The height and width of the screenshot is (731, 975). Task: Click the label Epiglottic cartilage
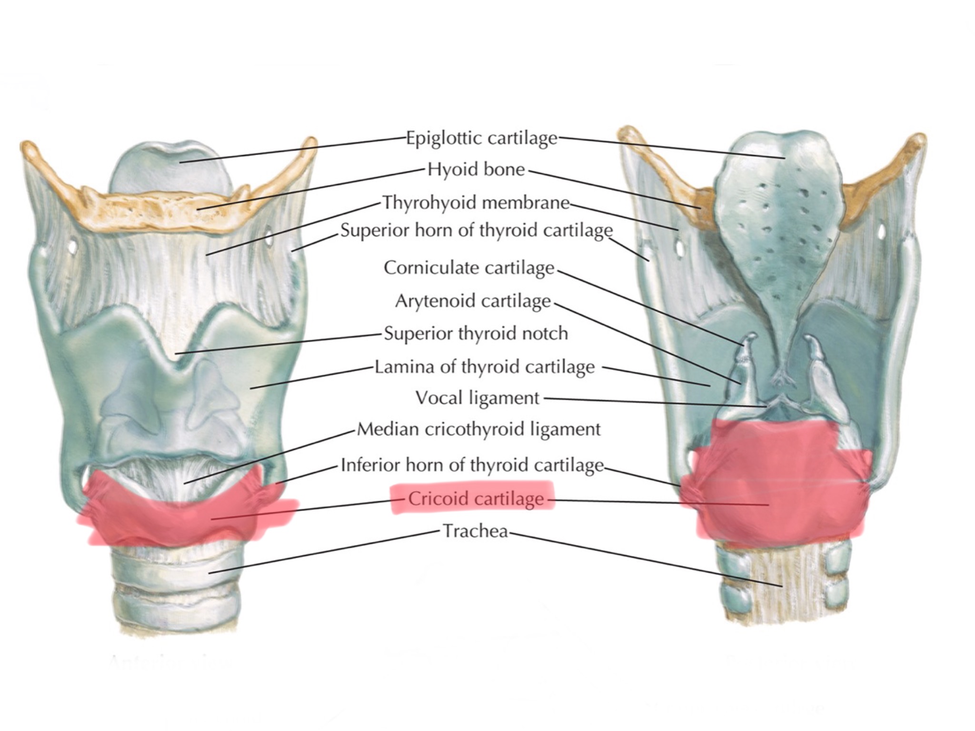pos(481,138)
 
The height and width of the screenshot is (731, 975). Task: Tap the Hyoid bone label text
pos(476,169)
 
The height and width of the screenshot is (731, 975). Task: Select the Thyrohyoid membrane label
pos(476,203)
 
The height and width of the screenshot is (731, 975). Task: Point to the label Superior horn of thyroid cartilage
pos(476,231)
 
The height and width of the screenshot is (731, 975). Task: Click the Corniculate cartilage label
pos(469,268)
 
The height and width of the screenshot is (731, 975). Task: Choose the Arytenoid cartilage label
pos(473,301)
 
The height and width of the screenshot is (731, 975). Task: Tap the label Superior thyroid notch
pos(476,334)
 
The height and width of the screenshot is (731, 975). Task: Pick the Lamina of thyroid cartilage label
pos(485,367)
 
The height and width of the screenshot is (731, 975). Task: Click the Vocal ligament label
pos(478,398)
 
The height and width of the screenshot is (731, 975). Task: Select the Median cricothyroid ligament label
pos(478,429)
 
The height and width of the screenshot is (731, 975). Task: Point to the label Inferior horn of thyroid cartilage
pos(472,465)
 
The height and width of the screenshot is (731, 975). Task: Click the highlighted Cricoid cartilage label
pos(476,499)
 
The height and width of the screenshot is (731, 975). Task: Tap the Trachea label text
pos(476,531)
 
